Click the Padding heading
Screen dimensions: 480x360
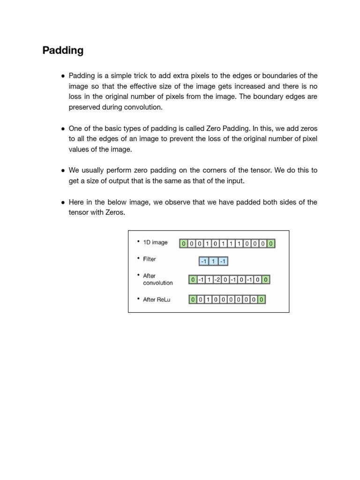tap(63, 51)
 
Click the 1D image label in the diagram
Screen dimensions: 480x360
tap(155, 242)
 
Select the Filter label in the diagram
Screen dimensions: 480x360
tap(150, 259)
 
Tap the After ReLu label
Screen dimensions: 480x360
tap(157, 300)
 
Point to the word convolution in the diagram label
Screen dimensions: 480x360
tap(157, 283)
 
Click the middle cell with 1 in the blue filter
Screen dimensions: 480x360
tap(214, 261)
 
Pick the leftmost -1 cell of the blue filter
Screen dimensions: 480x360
tap(204, 261)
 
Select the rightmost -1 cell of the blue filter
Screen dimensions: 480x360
tap(223, 261)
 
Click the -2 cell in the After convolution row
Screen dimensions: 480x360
tap(217, 280)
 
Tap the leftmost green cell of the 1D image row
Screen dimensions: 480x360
tap(184, 244)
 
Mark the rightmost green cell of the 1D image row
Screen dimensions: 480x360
tap(271, 244)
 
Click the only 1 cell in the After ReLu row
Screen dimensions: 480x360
tap(208, 300)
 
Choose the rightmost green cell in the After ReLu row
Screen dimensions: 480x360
tap(261, 300)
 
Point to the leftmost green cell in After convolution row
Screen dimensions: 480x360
tap(193, 280)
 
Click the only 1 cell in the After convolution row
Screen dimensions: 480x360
tap(209, 280)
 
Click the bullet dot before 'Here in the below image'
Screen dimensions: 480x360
tap(63, 202)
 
